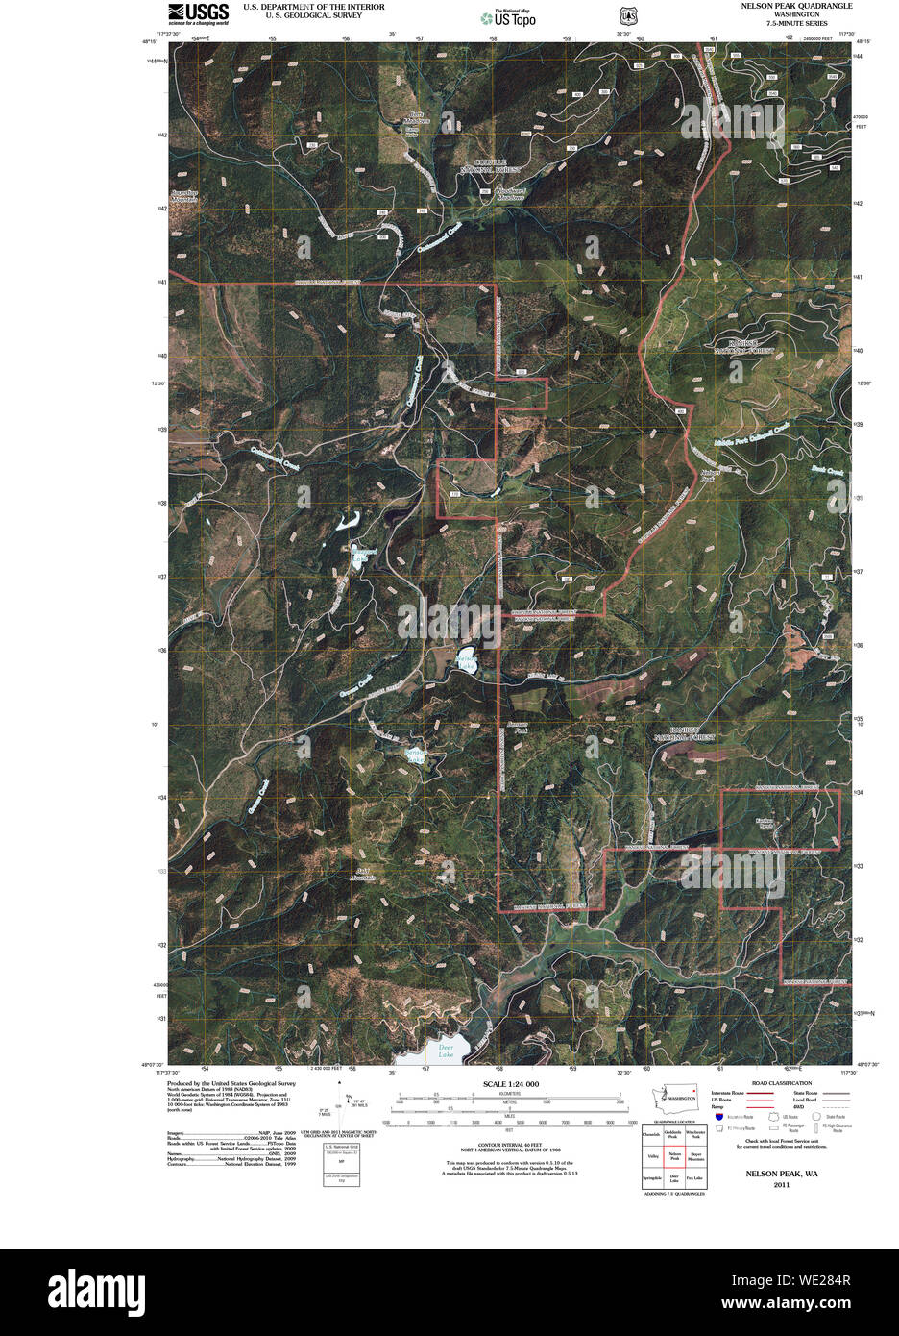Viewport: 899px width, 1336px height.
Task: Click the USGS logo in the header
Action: [198, 12]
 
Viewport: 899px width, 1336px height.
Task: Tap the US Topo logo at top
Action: [508, 17]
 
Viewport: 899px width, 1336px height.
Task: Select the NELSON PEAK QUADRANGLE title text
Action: [795, 6]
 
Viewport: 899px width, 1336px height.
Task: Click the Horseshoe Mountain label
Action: [184, 197]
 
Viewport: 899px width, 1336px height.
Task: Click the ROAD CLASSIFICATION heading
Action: [781, 1083]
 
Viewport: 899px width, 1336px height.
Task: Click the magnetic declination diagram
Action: [349, 1113]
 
